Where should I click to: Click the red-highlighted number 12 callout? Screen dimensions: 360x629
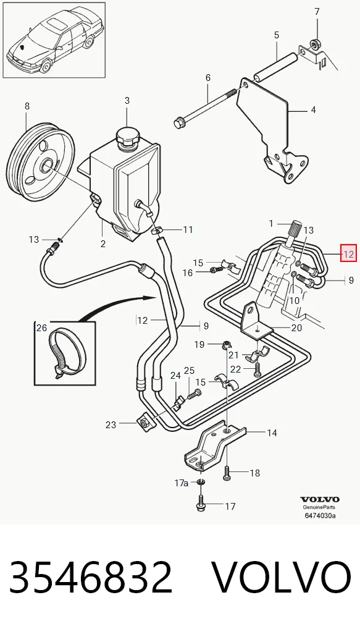(348, 253)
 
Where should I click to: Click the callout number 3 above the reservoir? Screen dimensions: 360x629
(127, 100)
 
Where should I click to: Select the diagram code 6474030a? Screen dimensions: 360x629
(320, 515)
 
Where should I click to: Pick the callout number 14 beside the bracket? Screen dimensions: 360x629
(272, 433)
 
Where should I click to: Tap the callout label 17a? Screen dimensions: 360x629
(181, 483)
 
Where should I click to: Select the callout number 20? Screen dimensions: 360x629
(296, 327)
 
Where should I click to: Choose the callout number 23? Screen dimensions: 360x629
(111, 424)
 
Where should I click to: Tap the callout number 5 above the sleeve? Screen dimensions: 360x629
(277, 35)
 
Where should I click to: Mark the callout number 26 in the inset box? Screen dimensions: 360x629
(42, 327)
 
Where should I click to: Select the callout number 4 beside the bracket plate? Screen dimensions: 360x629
(314, 109)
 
